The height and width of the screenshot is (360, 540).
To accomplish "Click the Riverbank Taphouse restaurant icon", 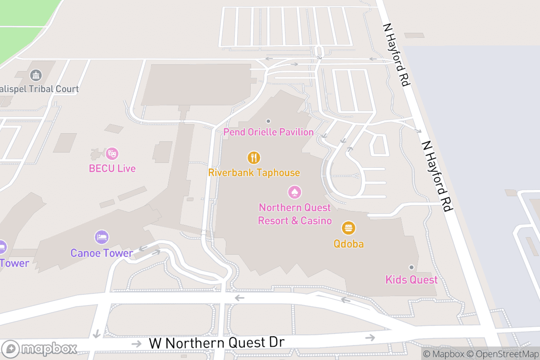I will click(x=254, y=157).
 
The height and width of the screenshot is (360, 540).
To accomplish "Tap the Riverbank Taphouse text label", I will click(x=254, y=173).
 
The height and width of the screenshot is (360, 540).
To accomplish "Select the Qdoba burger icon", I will click(x=348, y=228).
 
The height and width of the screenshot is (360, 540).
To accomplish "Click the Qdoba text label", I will click(x=348, y=244).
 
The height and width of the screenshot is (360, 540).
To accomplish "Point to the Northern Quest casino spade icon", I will click(x=294, y=192).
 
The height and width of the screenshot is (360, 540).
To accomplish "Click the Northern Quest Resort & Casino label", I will click(x=295, y=214).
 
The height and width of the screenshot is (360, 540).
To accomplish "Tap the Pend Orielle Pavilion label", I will click(x=269, y=132).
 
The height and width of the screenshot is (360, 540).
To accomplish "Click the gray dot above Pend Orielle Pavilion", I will click(x=269, y=121).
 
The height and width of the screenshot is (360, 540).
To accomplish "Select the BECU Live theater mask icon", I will click(x=112, y=153).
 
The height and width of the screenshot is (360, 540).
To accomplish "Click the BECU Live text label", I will click(x=112, y=169).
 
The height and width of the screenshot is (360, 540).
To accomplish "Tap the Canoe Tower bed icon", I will click(x=102, y=237).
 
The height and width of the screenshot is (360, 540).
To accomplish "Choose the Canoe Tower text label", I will click(x=102, y=253).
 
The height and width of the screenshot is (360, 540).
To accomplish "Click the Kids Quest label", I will click(x=411, y=279).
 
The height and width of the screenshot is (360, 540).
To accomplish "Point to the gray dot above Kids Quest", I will click(x=411, y=267).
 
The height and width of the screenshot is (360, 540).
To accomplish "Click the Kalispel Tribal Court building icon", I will click(x=36, y=75).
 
